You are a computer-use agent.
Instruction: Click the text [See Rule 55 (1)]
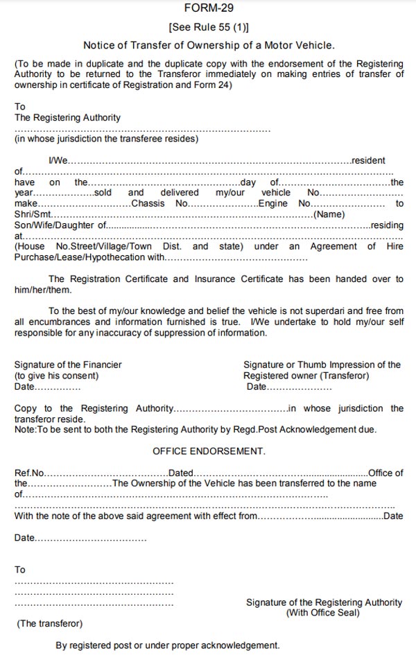[209, 28]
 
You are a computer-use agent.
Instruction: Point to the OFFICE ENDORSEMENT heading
[209, 451]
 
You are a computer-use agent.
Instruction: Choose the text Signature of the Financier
[68, 365]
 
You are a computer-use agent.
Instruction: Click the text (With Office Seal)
[323, 613]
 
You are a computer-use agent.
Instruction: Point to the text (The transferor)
[49, 624]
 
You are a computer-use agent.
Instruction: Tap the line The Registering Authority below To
[67, 118]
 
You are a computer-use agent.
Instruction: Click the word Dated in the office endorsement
[181, 473]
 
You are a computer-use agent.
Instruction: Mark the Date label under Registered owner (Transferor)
[257, 387]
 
